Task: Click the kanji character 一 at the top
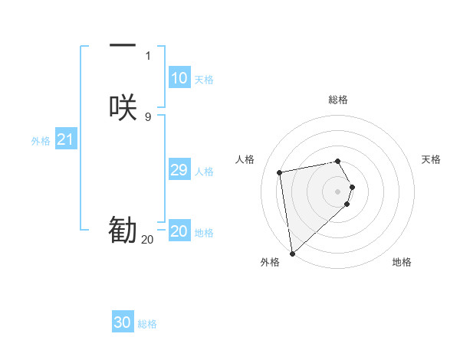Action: pyautogui.click(x=123, y=46)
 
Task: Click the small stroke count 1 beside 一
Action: pyautogui.click(x=147, y=56)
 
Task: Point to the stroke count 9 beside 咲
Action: pyautogui.click(x=147, y=116)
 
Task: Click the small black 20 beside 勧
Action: pyautogui.click(x=147, y=240)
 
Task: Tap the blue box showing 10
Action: pyautogui.click(x=179, y=78)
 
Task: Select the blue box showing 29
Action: pyautogui.click(x=179, y=170)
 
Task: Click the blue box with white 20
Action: pyautogui.click(x=179, y=231)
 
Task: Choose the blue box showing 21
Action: pyautogui.click(x=65, y=139)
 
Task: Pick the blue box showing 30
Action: pyautogui.click(x=122, y=322)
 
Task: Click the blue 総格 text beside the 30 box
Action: pyautogui.click(x=147, y=324)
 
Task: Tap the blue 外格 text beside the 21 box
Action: pyautogui.click(x=41, y=141)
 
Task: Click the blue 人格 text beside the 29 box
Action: pyautogui.click(x=204, y=172)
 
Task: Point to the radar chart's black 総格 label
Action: pyautogui.click(x=338, y=100)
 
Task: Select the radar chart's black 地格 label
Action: pyautogui.click(x=402, y=262)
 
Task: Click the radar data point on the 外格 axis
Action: pyautogui.click(x=292, y=253)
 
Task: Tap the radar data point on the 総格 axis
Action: pyautogui.click(x=338, y=161)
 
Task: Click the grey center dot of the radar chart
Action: pyautogui.click(x=338, y=190)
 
